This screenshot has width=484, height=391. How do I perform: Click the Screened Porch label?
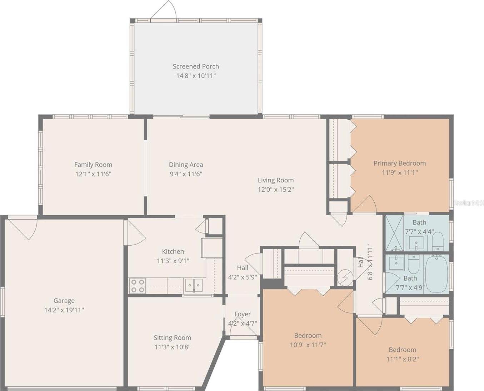pos(196,66)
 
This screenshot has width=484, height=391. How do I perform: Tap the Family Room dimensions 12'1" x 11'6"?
pos(93,174)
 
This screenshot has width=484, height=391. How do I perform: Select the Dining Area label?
pos(186,165)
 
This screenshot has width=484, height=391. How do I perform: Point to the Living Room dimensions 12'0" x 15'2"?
pos(276,190)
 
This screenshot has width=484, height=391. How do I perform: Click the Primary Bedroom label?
pos(400,163)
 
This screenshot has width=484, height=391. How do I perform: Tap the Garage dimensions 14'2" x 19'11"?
pos(64,310)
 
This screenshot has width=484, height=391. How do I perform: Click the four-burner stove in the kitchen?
pos(138,286)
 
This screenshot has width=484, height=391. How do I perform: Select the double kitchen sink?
pos(194,285)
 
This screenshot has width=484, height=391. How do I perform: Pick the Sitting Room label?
pos(172,338)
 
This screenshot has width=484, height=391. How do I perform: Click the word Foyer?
pos(243,314)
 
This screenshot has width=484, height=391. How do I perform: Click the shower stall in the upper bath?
pos(394,233)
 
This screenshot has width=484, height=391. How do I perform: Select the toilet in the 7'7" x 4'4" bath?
pos(438,242)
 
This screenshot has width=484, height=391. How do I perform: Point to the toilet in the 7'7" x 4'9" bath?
pos(414,264)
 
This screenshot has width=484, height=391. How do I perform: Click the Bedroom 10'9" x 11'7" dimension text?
pos(308,345)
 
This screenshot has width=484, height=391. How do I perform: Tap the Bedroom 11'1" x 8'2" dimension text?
pos(403,359)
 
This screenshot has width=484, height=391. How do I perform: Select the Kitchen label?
pos(173,251)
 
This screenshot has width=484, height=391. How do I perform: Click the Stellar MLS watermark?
pos(469,203)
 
